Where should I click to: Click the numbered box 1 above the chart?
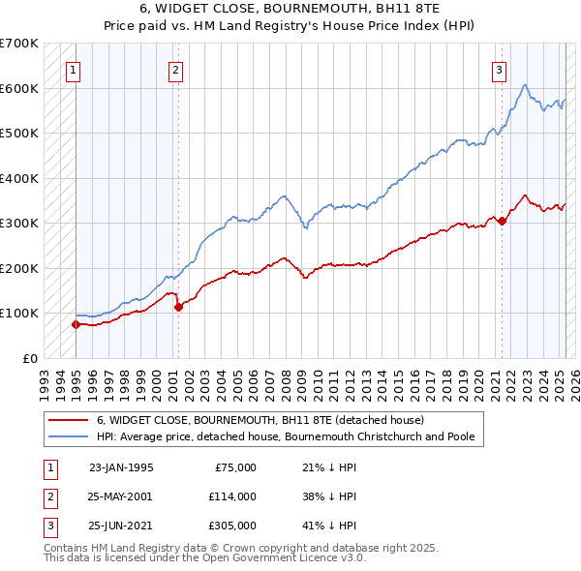pyautogui.click(x=74, y=69)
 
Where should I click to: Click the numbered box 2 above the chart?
pyautogui.click(x=175, y=69)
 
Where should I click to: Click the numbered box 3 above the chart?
pyautogui.click(x=499, y=69)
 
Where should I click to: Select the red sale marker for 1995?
pyautogui.click(x=76, y=324)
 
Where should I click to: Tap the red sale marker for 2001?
pyautogui.click(x=178, y=307)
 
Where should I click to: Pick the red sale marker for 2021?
pyautogui.click(x=503, y=221)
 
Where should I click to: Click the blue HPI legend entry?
pyautogui.click(x=285, y=436)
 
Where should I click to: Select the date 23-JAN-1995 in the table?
pyautogui.click(x=121, y=467)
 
